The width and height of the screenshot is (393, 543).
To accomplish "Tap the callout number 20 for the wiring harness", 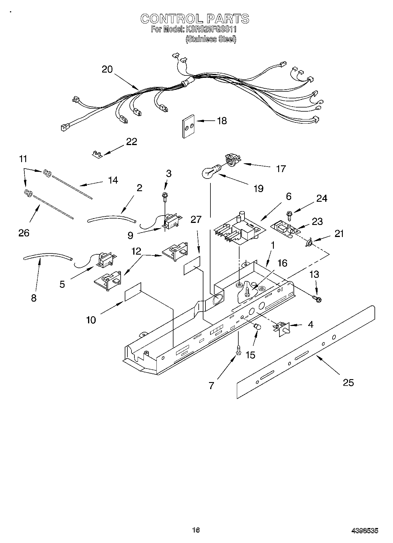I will tap(107, 69).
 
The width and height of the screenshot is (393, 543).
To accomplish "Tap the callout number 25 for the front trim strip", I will tap(348, 383).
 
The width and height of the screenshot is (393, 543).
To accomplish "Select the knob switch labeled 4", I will tap(283, 328).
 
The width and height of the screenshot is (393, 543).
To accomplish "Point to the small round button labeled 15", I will tap(257, 326).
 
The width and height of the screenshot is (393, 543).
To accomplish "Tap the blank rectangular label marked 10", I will tap(133, 292).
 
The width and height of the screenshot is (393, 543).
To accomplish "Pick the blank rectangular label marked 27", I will tap(192, 265).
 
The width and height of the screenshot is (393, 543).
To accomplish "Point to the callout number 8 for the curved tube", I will tap(34, 298).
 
